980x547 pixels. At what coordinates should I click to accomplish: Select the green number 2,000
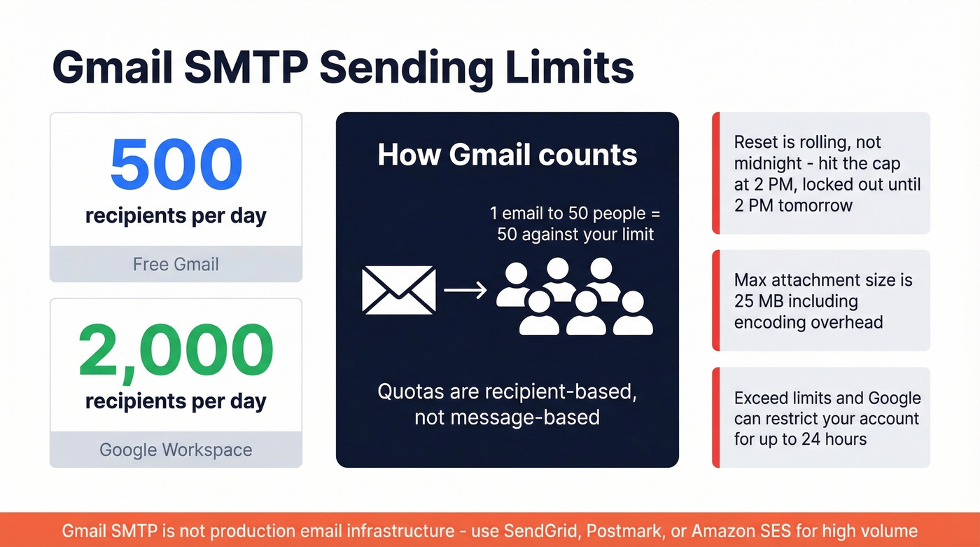[x=176, y=349]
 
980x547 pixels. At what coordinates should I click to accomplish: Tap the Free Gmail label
[x=176, y=265]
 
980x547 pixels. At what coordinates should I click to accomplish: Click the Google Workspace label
[x=176, y=450]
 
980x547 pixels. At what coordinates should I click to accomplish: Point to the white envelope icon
[x=398, y=290]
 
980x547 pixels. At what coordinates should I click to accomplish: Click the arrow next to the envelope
[x=465, y=290]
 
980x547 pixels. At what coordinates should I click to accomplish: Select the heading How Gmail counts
[x=507, y=155]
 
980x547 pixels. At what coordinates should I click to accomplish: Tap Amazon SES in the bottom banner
[x=741, y=530]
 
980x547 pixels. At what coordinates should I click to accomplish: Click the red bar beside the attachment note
[x=715, y=300]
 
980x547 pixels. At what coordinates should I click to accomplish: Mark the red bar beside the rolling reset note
[x=715, y=173]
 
